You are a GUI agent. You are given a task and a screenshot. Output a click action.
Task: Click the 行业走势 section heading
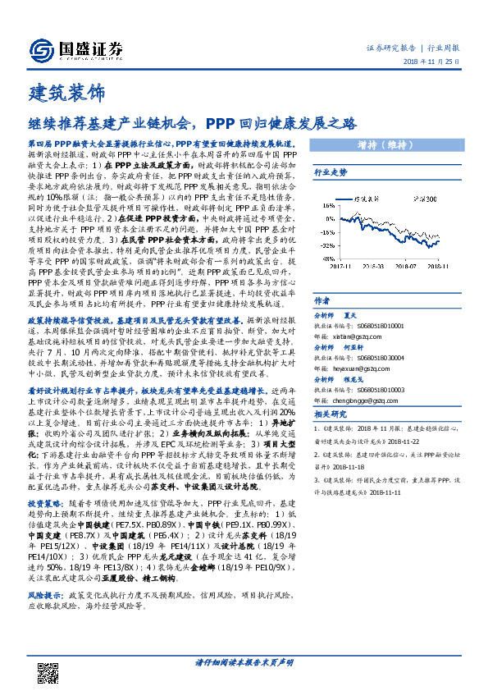pyautogui.click(x=331, y=172)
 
